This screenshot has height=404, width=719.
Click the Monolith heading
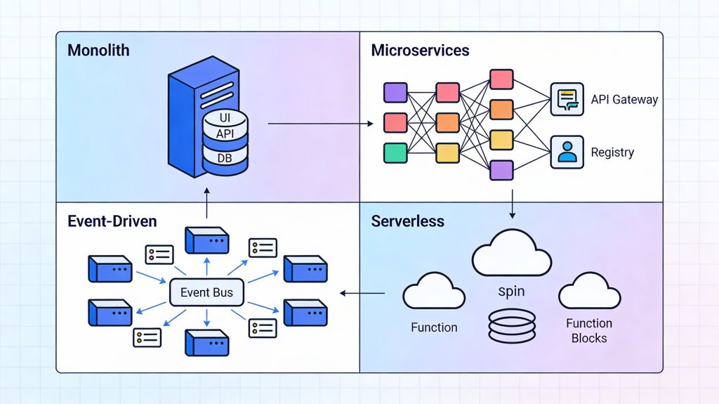click(98, 51)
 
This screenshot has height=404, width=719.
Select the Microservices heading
click(420, 51)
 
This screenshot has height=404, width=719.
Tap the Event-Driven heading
click(112, 221)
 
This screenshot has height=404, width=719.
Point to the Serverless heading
click(407, 221)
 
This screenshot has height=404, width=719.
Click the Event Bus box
click(206, 292)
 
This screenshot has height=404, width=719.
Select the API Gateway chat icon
click(567, 99)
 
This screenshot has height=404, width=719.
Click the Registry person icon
click(567, 152)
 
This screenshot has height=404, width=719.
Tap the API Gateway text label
click(624, 99)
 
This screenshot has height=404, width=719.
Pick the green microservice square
click(395, 152)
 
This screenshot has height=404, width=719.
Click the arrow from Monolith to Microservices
click(320, 124)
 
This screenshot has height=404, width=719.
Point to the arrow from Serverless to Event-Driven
click(362, 293)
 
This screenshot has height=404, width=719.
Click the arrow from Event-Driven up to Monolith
click(207, 204)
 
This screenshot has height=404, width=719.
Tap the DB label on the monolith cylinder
click(225, 158)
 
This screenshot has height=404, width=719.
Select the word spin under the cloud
click(510, 291)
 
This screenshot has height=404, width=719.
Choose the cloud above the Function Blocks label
click(589, 292)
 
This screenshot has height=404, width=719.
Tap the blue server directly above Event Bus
click(206, 240)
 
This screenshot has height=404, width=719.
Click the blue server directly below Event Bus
click(206, 342)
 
